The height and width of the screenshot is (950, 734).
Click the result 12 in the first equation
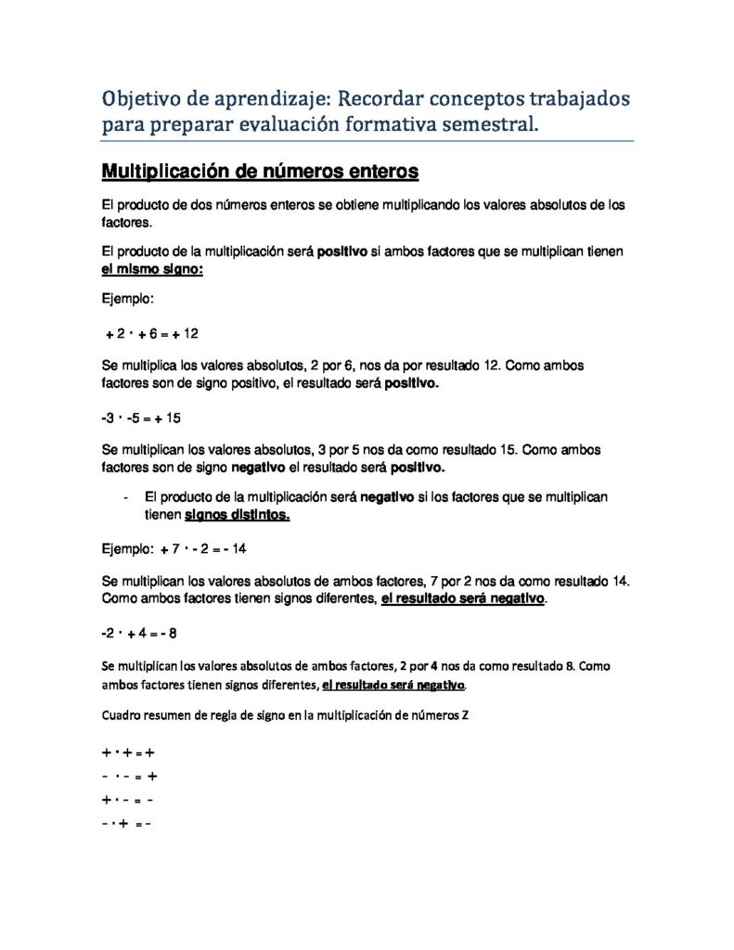(191, 333)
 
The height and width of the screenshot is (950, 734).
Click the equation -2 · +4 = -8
(138, 633)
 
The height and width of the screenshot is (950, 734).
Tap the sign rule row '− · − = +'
(128, 777)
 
